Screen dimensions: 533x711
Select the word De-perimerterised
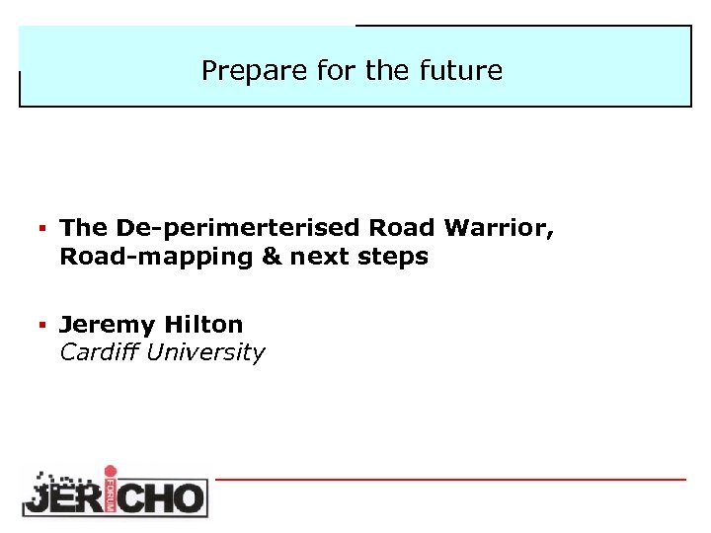[238, 228]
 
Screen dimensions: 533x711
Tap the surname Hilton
[203, 324]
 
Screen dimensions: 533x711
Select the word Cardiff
[99, 352]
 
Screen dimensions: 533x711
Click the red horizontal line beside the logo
[450, 480]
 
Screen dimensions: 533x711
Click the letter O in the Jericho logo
[188, 496]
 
